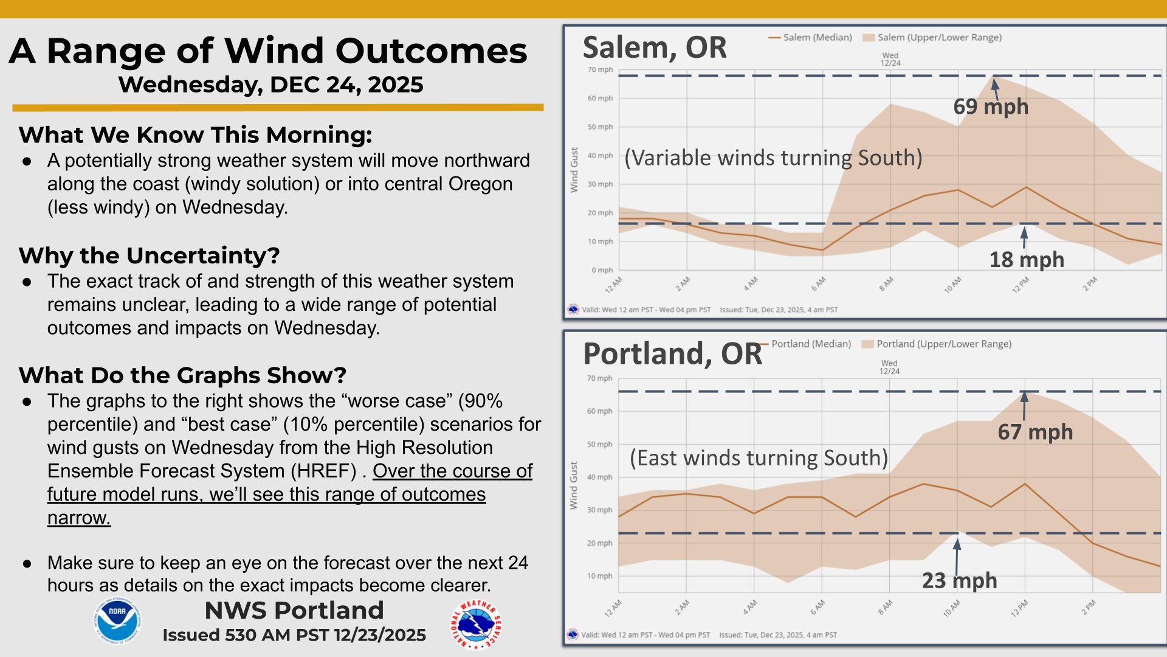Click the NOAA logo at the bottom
[x=117, y=620]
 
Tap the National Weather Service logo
[x=475, y=625]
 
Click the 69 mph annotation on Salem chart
[x=990, y=106]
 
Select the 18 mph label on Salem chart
[x=1026, y=260]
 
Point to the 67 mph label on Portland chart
[x=1034, y=432]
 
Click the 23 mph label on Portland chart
[x=959, y=580]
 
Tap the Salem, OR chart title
[x=654, y=47]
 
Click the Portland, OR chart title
[x=672, y=353]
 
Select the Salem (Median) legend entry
[x=811, y=38]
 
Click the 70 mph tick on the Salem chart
[x=600, y=70]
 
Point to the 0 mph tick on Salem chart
[x=602, y=270]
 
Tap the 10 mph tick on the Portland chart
[x=599, y=576]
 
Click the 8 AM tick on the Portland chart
[x=886, y=607]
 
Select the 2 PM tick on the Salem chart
[x=1090, y=283]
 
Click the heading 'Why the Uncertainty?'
[x=149, y=255]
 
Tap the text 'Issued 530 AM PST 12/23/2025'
[x=294, y=635]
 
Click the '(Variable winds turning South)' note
[x=773, y=158]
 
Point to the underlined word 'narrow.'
[x=79, y=518]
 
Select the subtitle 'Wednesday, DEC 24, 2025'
[x=270, y=85]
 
